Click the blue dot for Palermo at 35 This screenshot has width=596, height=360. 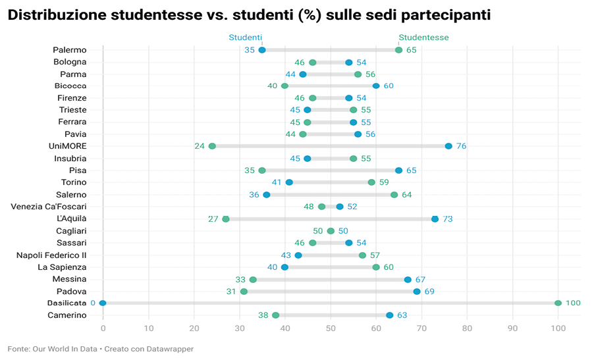(x=262, y=50)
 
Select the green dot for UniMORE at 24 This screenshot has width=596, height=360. (x=212, y=146)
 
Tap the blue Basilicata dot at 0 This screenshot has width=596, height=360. (x=103, y=303)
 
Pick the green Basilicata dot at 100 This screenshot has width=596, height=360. (x=558, y=303)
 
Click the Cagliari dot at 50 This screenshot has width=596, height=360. (x=331, y=231)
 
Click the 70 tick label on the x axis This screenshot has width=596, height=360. (x=421, y=327)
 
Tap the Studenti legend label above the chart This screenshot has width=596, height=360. (x=246, y=38)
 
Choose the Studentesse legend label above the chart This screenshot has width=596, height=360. (x=423, y=38)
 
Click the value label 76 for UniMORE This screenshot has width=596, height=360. (x=460, y=146)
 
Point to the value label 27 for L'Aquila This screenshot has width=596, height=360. (x=213, y=219)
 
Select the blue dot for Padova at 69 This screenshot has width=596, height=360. (x=417, y=291)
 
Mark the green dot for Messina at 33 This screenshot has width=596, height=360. (x=253, y=279)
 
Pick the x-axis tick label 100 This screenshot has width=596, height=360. (x=558, y=327)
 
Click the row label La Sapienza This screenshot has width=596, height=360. (x=62, y=267)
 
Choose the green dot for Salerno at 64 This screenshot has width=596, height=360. (x=394, y=195)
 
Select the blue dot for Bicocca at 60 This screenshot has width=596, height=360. (x=376, y=86)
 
